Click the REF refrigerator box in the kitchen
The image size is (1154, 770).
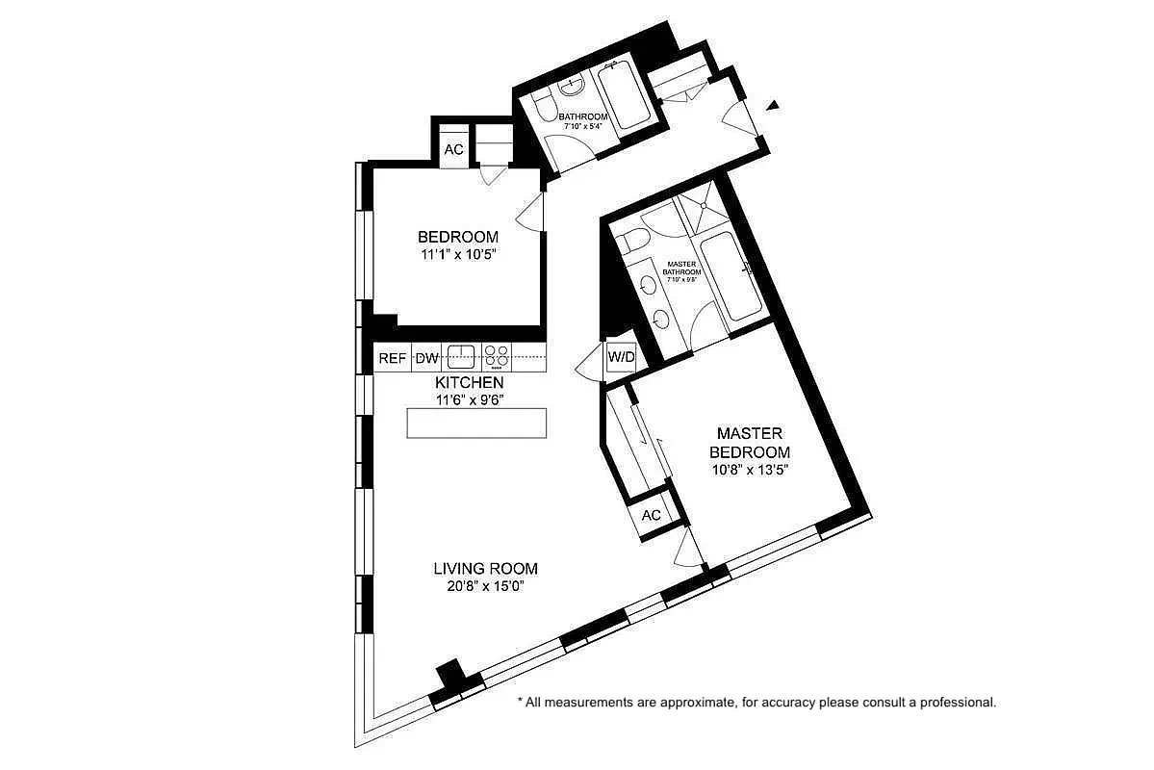pos(392,358)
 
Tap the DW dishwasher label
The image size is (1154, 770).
pos(426,358)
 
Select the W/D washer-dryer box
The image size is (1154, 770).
pos(621,358)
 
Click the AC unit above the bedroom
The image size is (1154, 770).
pos(453,149)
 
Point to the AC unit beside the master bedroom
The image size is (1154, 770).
pos(652,515)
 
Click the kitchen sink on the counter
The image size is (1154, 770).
pos(462,356)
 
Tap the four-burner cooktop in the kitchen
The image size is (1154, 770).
pos(497,356)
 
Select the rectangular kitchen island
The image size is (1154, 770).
pos(476,423)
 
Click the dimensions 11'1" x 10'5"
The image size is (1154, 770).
pos(457,256)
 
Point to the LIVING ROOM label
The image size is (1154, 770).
pos(485,568)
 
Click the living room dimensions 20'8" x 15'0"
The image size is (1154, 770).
pos(485,586)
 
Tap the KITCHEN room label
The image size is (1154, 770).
pos(469,382)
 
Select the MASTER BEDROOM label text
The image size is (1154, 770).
pos(750,443)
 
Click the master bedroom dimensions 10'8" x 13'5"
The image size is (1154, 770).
pos(750,471)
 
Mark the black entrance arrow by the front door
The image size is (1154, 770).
pos(772,107)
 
